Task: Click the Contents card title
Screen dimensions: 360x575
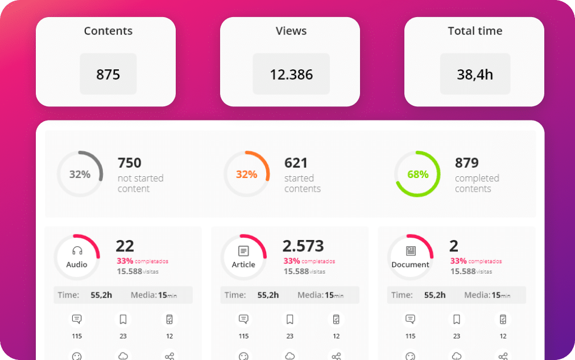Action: coord(108,31)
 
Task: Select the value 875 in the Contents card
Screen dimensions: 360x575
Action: coord(108,75)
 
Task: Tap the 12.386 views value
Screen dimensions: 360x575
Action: coord(291,75)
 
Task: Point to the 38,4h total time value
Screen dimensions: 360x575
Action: coord(475,75)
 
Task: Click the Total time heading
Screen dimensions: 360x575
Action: coord(475,31)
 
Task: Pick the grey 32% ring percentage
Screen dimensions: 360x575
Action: coord(80,175)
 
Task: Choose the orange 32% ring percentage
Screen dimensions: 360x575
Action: coord(246,175)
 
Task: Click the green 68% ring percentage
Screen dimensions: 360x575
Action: coord(417,175)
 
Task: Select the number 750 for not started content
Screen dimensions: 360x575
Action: coord(129,163)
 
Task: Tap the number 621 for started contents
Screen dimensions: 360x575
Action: coord(296,163)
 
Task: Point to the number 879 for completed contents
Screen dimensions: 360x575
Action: coord(466,163)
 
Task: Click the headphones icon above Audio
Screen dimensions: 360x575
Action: coord(77,251)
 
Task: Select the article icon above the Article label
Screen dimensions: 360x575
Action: coord(243,251)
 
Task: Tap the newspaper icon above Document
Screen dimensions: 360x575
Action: coord(411,251)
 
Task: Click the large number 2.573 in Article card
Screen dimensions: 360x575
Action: coord(303,246)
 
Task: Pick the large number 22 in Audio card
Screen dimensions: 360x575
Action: coord(125,246)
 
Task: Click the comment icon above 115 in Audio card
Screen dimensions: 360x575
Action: coord(77,319)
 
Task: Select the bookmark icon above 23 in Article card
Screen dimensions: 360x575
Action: coord(290,319)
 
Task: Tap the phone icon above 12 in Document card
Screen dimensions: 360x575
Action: coord(503,319)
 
